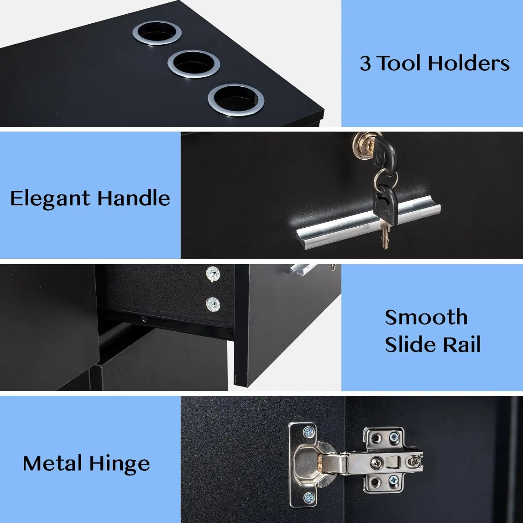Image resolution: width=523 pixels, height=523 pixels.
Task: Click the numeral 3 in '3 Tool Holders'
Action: click(365, 63)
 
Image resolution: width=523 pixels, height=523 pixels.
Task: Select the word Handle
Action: click(134, 198)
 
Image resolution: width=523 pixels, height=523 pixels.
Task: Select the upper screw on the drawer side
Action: click(213, 274)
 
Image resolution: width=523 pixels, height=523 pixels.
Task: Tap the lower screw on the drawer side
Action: click(213, 305)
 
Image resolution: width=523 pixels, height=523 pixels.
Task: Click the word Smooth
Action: click(426, 317)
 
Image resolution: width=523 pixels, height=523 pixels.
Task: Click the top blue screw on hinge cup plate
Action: click(309, 433)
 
